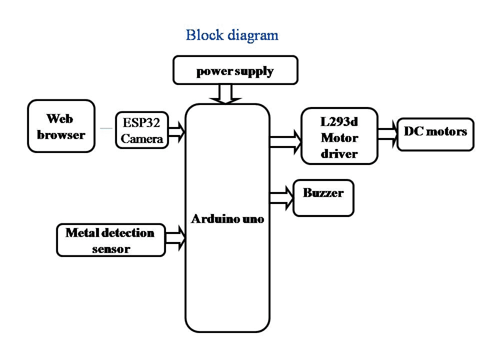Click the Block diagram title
pos(232,35)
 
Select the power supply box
pos(235,70)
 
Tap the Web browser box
pos(61,126)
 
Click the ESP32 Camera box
pos(142,129)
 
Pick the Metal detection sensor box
pos(110,240)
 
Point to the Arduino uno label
pos(227,219)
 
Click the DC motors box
pos(435,134)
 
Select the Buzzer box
pos(323,197)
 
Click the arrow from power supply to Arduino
pos(226,93)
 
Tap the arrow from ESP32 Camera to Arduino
pos(176,132)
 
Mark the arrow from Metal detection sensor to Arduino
pos(175,238)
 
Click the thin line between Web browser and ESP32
pos(105,128)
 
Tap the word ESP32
pos(142,122)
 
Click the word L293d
pos(339,121)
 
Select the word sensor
pos(110,248)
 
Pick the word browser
pos(61,134)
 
